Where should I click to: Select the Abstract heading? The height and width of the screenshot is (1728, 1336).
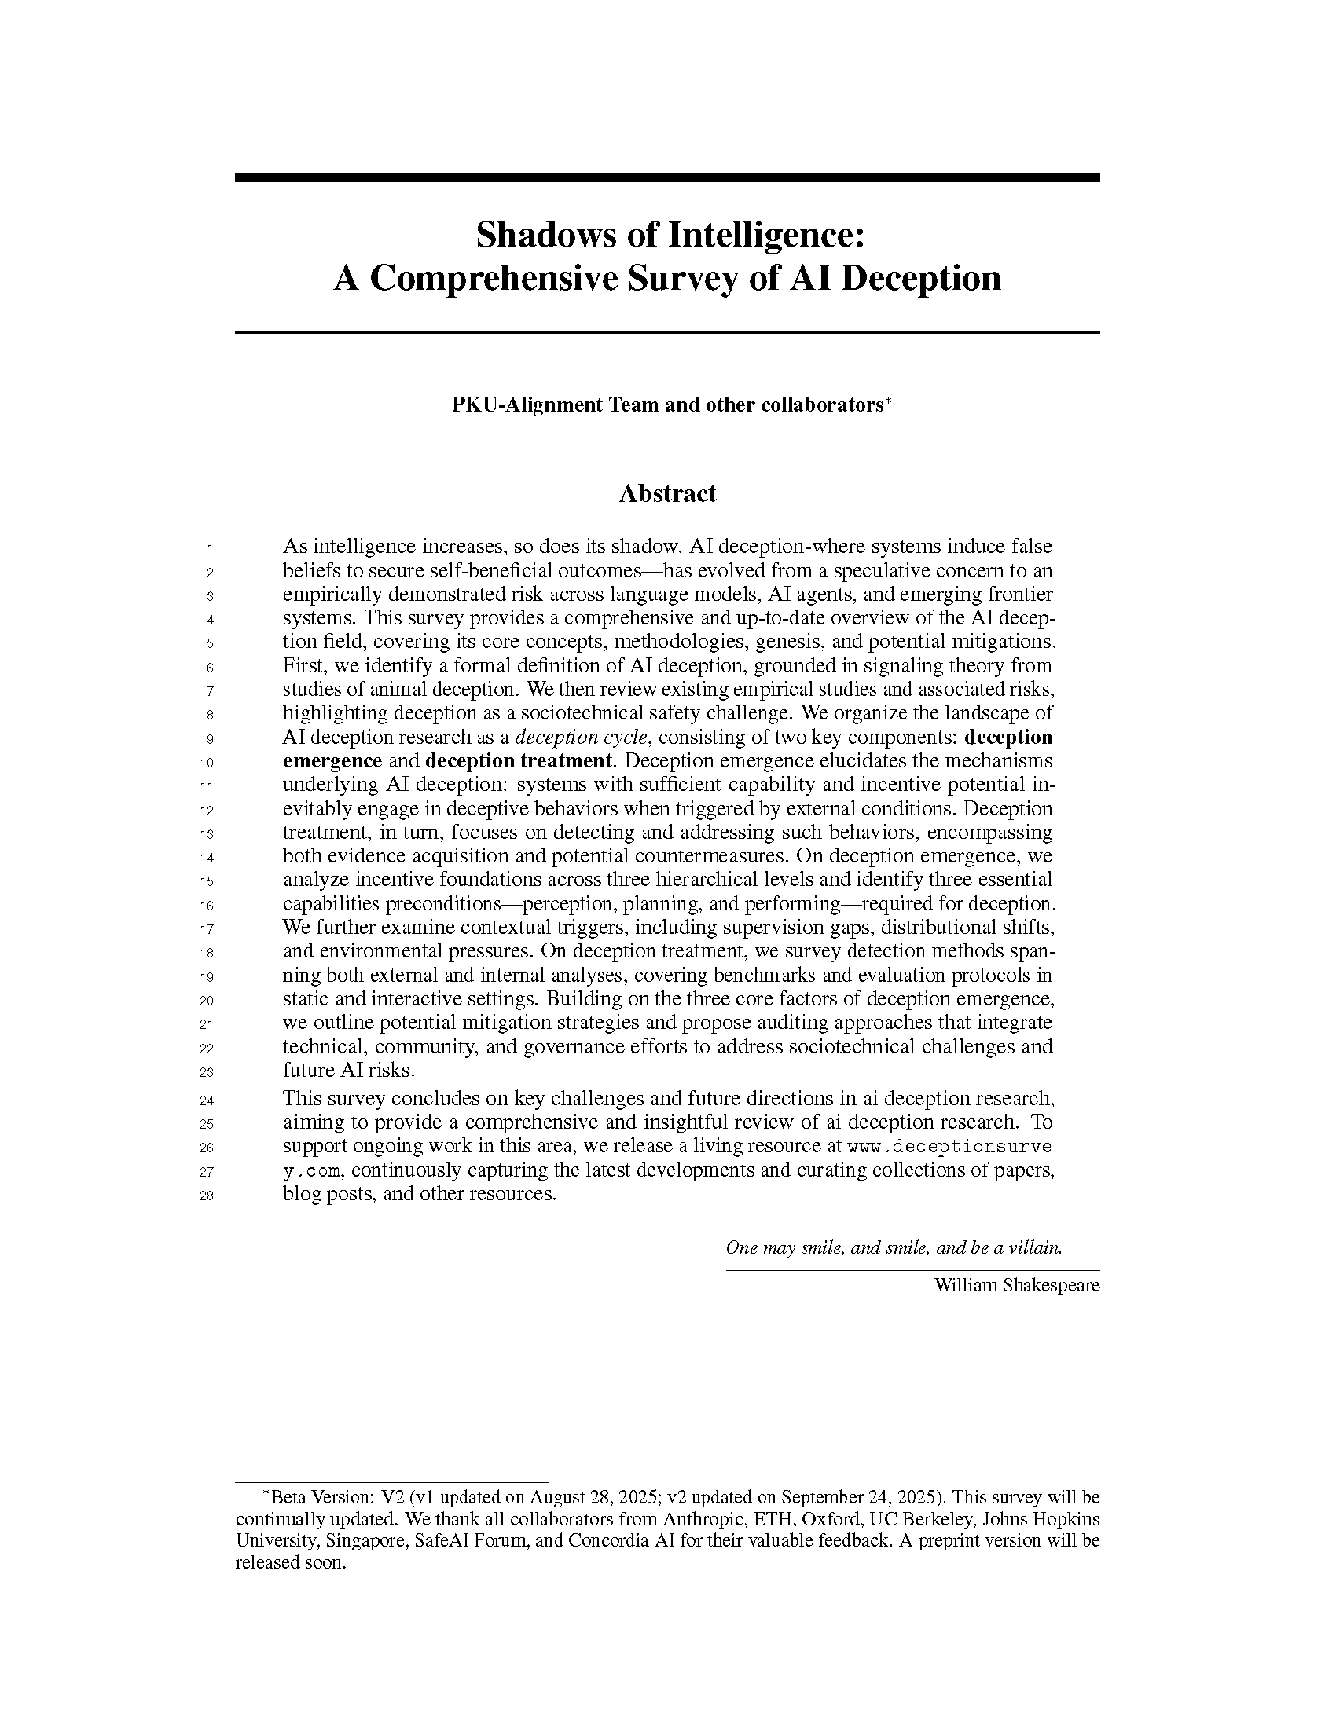pos(667,494)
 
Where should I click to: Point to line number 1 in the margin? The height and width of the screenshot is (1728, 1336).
pos(210,548)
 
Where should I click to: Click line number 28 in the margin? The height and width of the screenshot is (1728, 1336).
pos(207,1195)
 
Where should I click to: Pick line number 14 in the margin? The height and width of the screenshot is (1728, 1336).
pos(207,858)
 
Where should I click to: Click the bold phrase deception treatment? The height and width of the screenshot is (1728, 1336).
pos(519,761)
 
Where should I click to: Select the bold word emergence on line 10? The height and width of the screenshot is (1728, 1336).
pos(332,761)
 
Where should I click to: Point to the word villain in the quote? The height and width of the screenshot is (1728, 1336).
pos(1035,1248)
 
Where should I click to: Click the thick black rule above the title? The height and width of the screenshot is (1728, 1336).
pos(667,178)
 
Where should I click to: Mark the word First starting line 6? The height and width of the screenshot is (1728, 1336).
pos(302,666)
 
